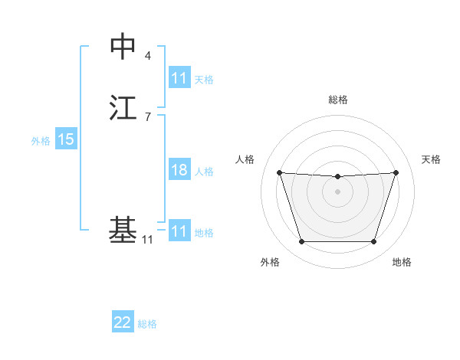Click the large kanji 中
point(123,47)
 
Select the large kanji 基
point(123,228)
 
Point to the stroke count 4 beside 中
point(148,56)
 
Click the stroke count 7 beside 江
point(148,116)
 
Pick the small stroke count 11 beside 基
point(147,240)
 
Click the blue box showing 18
point(179,170)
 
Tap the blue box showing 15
point(66,139)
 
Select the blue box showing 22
point(123,322)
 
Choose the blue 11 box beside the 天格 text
point(179,78)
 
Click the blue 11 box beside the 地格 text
point(179,231)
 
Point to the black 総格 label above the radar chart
point(337,100)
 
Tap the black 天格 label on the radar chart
point(431,159)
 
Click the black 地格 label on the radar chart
point(402,262)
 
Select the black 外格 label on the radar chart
point(270,262)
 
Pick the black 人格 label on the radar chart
point(245,159)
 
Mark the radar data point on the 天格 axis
point(396,172)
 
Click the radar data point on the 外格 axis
point(301,242)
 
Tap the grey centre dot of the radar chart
point(337,191)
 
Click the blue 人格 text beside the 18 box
point(204,172)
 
